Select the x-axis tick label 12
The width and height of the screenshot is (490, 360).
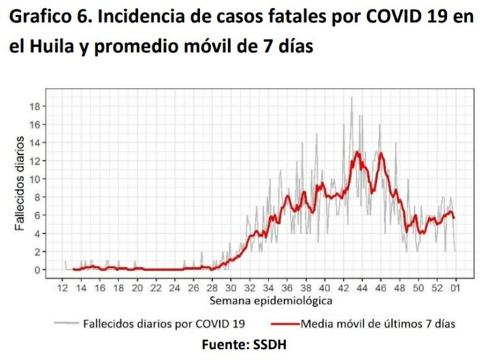point(63,289)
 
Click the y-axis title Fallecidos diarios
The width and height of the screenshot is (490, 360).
point(21,184)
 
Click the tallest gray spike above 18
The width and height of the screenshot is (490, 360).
point(351,99)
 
